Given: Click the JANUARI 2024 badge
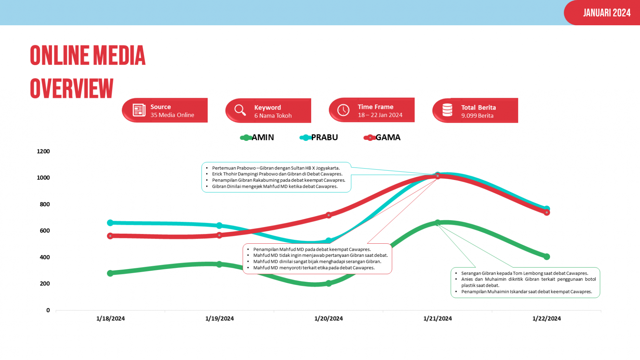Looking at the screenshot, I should coord(607,13).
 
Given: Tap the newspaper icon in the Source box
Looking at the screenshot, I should coord(139,110).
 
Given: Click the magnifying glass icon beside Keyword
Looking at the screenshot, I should coord(240,110).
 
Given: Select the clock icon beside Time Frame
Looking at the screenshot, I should coord(343,110).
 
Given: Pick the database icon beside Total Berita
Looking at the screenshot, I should coord(447,110).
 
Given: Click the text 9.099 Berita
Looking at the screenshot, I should coord(477,116).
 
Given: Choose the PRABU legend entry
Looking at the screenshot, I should coord(319,137).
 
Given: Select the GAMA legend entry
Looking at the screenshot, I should coord(382,137).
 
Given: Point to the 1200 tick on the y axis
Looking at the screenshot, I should coord(43,151).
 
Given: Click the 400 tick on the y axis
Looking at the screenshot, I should coord(45,257).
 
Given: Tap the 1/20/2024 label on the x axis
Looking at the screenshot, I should coord(329,318).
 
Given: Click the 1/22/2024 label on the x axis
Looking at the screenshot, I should coord(546,318).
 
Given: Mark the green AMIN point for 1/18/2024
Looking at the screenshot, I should coord(110,273).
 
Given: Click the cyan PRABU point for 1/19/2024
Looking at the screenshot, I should coord(219,226).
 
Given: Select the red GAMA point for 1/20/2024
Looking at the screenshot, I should coord(329,215).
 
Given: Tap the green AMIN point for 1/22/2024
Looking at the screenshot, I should coord(547,256).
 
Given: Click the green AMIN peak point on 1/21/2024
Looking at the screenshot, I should coord(438,223).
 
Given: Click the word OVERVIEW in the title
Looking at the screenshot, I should coord(72,89).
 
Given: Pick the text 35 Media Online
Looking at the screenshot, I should coord(172,115).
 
